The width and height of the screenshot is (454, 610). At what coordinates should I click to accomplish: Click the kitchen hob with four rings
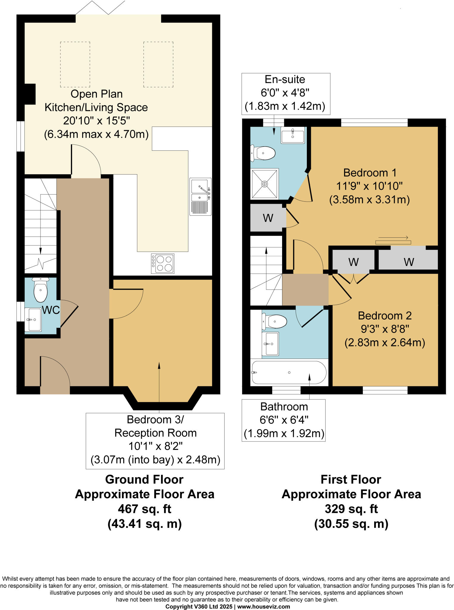163,264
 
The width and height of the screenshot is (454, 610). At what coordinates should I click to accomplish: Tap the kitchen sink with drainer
200,197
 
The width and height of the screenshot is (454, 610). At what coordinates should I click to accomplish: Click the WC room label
51,310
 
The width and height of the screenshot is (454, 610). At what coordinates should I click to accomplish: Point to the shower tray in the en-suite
265,184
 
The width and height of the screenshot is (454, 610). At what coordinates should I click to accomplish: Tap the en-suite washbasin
293,135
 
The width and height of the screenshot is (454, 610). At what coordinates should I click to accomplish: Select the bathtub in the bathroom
289,372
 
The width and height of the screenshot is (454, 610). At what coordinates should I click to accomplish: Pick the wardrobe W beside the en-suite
268,218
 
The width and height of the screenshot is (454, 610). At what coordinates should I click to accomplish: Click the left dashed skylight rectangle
75,64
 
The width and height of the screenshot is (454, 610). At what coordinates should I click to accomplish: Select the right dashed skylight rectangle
158,64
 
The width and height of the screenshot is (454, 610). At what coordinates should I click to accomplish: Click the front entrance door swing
55,375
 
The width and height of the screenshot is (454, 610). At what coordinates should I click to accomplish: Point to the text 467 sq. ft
144,509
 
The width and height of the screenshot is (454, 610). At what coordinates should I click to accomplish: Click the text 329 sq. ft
351,509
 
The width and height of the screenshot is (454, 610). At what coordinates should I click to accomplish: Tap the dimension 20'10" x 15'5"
96,121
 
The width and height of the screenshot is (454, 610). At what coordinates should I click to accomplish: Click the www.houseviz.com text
263,607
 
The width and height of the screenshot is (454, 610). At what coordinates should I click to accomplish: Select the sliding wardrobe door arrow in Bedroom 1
393,238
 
